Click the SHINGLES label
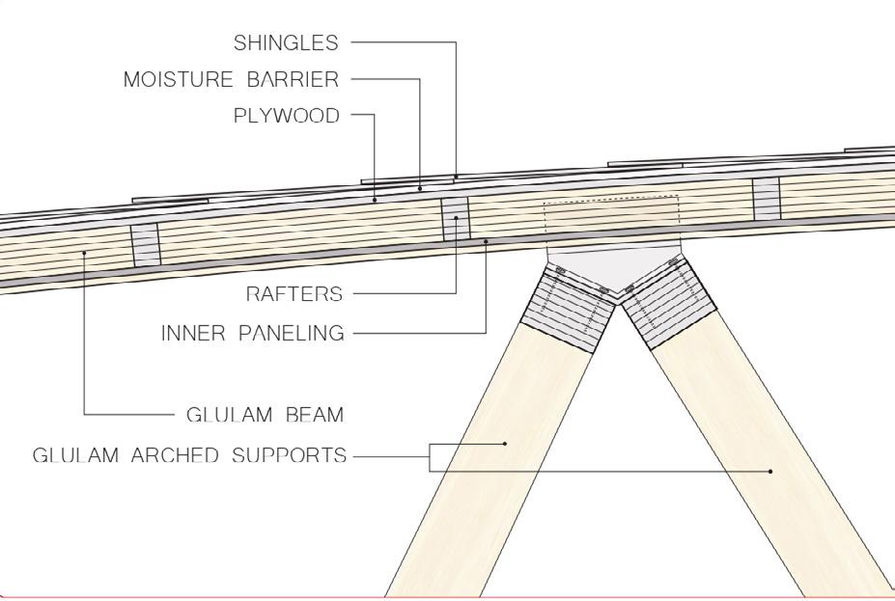[286, 43]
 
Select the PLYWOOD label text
[287, 117]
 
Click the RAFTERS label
[294, 294]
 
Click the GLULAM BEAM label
[265, 416]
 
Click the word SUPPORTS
[291, 455]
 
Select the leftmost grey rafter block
[146, 245]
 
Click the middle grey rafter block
[455, 219]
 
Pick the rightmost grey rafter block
[767, 198]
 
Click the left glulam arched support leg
[483, 463]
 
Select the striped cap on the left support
[568, 309]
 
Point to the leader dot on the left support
[505, 444]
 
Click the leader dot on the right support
[770, 471]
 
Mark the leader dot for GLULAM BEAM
[85, 253]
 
